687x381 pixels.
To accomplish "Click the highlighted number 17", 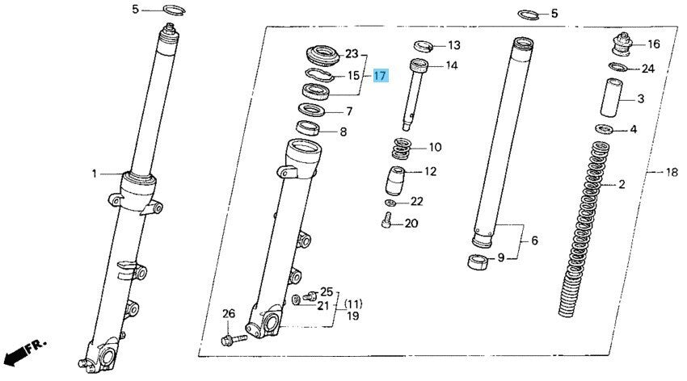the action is [380, 76].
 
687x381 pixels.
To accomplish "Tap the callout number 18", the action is [671, 173].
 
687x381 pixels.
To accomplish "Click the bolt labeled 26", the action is [234, 339].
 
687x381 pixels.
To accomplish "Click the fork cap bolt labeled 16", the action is [622, 44].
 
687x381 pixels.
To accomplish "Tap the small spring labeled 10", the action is [402, 149].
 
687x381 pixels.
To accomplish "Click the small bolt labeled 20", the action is [386, 220].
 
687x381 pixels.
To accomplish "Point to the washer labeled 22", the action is [390, 203].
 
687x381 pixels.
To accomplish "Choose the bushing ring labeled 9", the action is [478, 262].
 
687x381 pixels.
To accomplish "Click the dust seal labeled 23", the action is [323, 57].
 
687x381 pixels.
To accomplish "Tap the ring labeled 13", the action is [424, 45].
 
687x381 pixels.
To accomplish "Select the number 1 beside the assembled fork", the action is [95, 174].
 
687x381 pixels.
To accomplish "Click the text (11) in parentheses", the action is [353, 304].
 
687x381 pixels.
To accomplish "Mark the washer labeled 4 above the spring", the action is [605, 129].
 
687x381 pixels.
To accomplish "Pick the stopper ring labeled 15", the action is [318, 75].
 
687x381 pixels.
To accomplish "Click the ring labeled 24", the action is [618, 67].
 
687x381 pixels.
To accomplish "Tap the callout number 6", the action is [534, 241].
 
